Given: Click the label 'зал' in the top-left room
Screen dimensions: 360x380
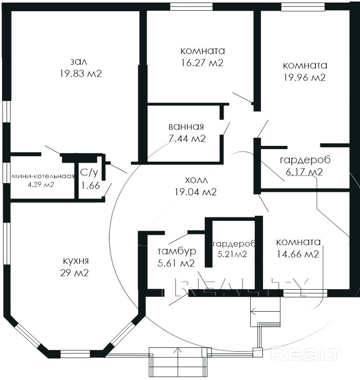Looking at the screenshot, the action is coord(78,62).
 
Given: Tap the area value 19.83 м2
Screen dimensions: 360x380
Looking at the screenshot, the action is coord(81,73).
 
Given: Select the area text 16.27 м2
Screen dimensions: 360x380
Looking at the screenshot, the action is coord(202,63).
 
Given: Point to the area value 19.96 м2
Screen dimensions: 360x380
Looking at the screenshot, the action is coord(304,78).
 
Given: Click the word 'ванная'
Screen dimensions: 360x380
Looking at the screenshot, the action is coord(186,126).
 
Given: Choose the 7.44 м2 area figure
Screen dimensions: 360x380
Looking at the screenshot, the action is coord(187,139).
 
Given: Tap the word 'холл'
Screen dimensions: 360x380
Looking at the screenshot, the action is coord(197,180).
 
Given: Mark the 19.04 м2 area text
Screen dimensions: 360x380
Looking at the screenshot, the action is coord(196,192).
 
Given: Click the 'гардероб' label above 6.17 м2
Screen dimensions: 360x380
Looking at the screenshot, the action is coord(305,160).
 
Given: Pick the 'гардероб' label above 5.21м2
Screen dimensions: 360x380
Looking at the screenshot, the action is coord(233,244).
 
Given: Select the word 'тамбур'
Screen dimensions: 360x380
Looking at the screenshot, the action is coord(177,251).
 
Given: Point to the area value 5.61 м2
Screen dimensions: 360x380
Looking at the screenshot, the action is coord(176,263).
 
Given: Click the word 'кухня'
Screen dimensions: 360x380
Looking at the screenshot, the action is coord(76,261).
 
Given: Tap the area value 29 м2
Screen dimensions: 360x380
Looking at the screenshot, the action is coord(75,273).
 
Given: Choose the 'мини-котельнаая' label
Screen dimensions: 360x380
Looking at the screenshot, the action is coord(43,176).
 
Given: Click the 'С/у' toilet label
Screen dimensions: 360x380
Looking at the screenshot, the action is coord(89,172).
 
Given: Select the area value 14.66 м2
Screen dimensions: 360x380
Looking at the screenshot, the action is coord(298,254).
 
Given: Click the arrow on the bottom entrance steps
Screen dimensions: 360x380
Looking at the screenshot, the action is coord(178,362).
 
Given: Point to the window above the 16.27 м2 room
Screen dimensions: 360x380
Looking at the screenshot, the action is coord(191,7).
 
